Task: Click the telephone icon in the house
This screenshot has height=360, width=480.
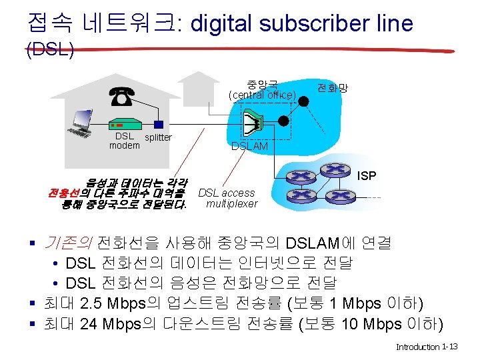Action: [x=121, y=98]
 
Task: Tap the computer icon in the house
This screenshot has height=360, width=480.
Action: [x=81, y=123]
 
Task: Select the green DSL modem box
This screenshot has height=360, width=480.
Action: [x=124, y=125]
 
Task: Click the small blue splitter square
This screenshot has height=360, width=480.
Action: [x=157, y=124]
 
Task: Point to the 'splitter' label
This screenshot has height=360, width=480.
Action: [x=158, y=137]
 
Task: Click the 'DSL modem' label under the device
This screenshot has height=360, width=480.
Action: [x=124, y=141]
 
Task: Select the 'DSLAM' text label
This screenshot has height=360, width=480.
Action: [x=249, y=146]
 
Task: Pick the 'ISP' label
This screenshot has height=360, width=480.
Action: [x=367, y=176]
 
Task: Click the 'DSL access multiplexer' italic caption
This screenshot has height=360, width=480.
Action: [x=228, y=198]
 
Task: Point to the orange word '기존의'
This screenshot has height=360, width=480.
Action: [x=68, y=242]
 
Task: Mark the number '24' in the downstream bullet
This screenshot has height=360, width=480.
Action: [x=87, y=324]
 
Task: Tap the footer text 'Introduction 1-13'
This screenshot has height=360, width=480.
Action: [x=426, y=347]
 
